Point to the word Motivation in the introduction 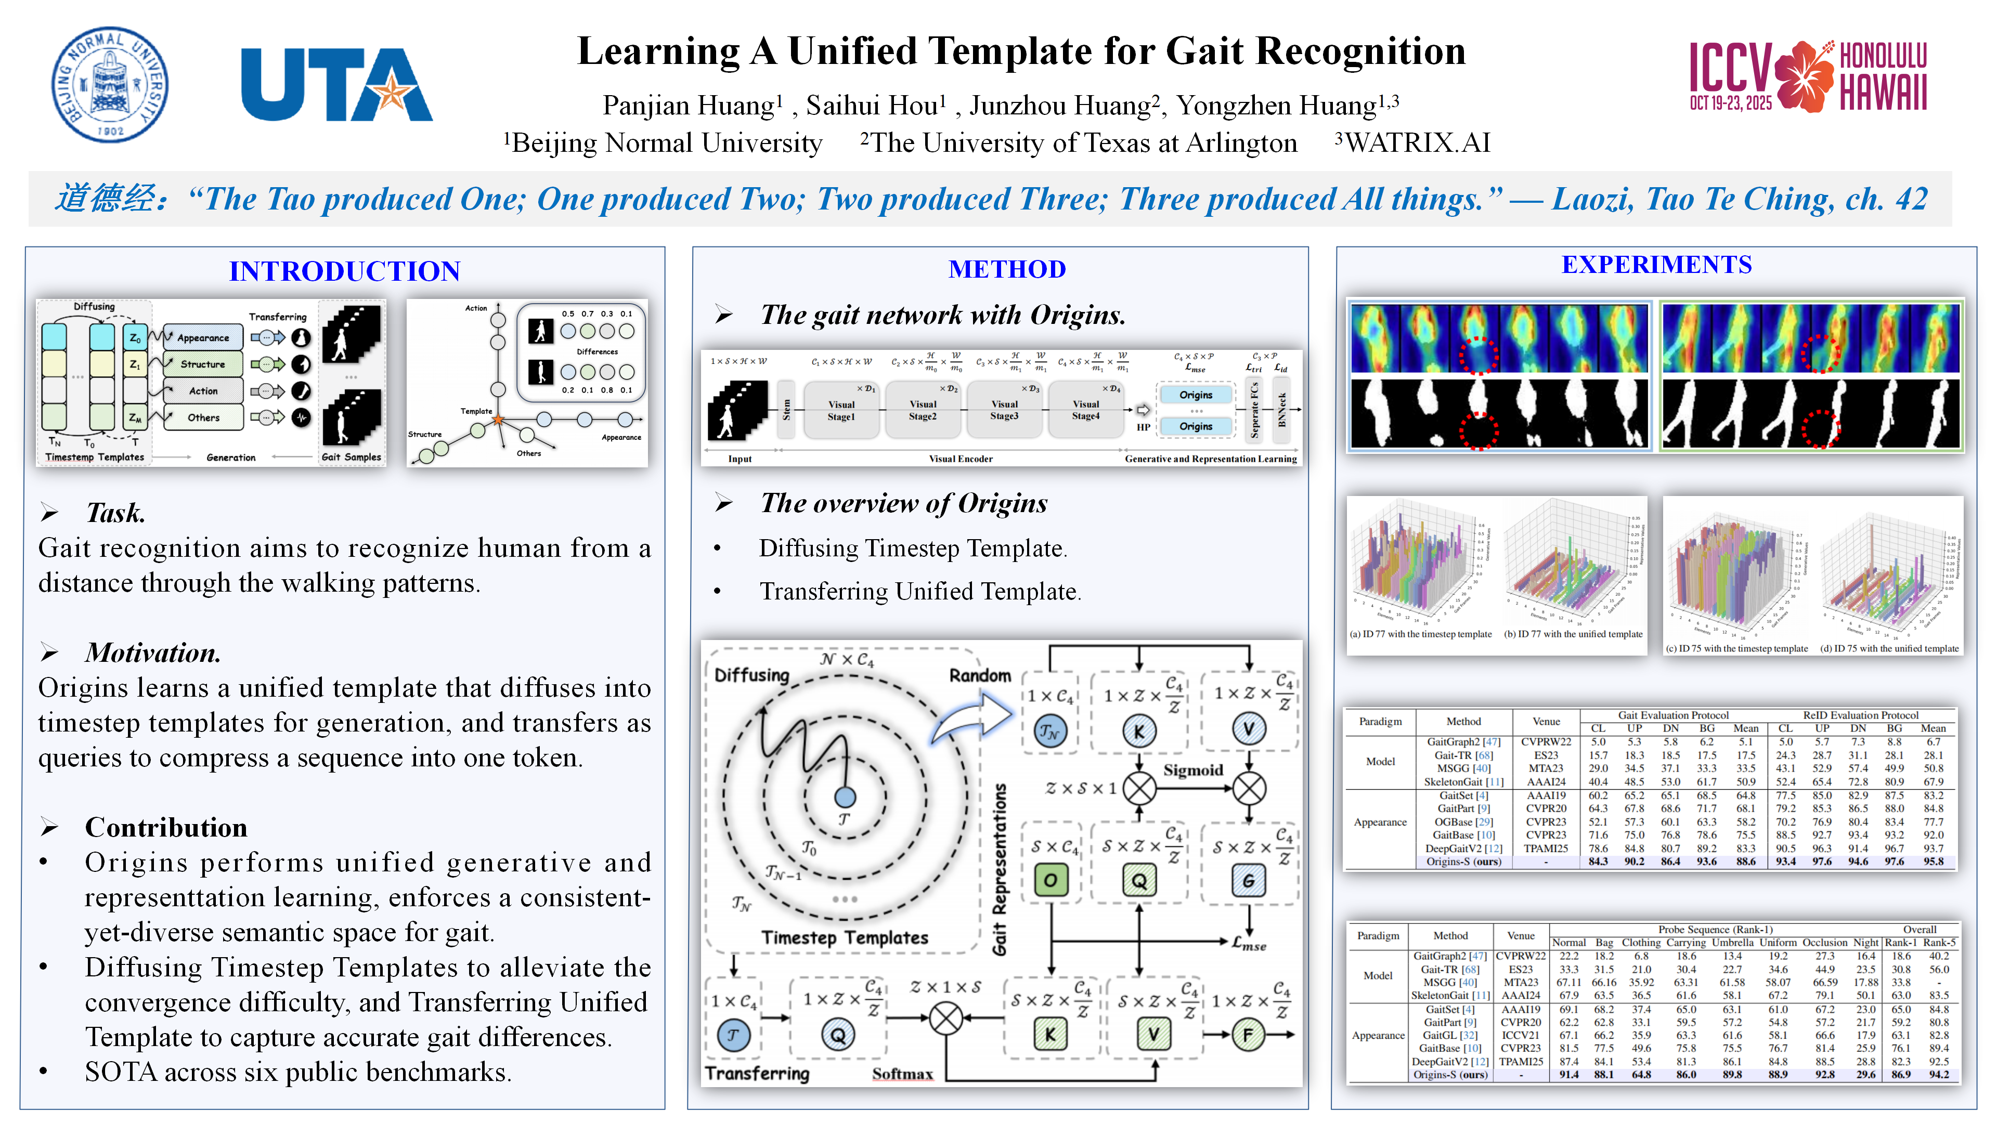tap(153, 652)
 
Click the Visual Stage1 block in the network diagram tap(841, 410)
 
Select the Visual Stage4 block tap(1085, 410)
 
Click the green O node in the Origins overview tap(1051, 880)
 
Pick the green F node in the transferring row tap(1248, 1035)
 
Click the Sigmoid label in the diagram tap(1192, 769)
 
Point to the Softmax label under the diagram tap(902, 1074)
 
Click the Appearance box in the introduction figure tap(202, 338)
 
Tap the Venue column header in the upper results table tap(1546, 722)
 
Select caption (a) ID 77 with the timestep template tap(1420, 634)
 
